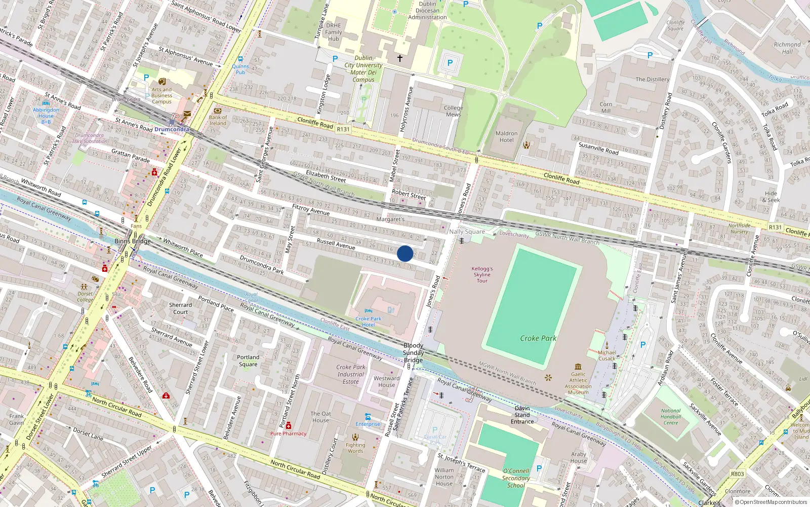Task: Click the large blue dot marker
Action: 405,253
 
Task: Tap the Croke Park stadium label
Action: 538,338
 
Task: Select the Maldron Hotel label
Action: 506,137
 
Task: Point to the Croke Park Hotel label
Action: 369,322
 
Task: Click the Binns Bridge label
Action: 133,241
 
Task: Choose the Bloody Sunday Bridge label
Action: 414,353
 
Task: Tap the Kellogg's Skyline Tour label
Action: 482,275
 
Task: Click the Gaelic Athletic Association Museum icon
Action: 578,367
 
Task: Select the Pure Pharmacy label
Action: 288,433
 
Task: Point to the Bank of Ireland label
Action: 218,120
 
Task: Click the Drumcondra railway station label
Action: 172,129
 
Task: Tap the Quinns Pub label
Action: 240,69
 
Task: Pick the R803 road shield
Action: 737,474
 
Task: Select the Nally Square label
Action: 467,232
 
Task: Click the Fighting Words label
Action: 355,448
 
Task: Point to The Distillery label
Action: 652,80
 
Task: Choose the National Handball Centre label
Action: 671,417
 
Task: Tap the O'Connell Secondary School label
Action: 516,478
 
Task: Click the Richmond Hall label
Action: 787,48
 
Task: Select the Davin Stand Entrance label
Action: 522,415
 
